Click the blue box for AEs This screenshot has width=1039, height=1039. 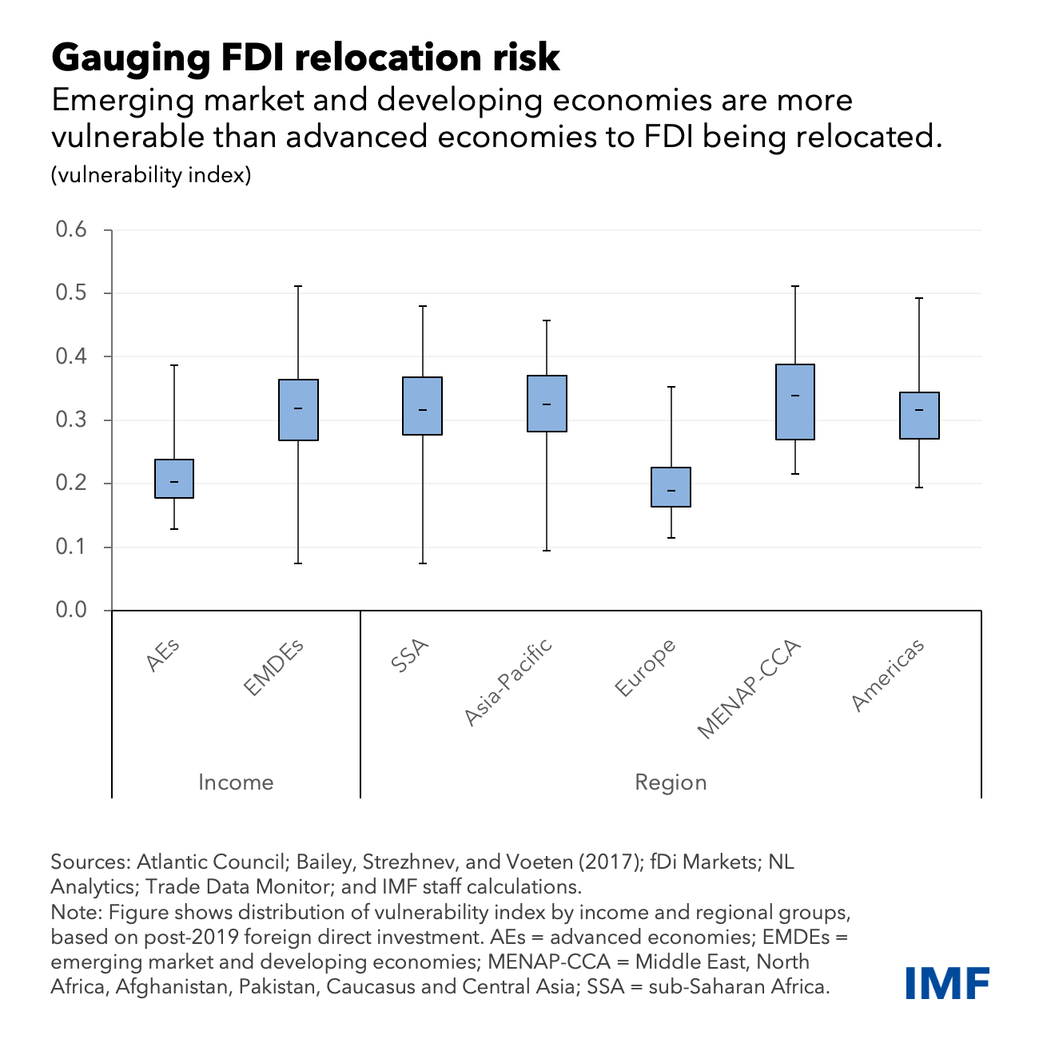[174, 479]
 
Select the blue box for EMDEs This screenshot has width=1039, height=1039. [298, 410]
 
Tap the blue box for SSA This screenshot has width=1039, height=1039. [423, 406]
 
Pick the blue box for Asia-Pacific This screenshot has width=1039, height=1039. [547, 404]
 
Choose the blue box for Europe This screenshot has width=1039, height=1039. [671, 488]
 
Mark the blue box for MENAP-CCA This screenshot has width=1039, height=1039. [795, 402]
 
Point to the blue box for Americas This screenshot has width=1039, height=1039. [919, 416]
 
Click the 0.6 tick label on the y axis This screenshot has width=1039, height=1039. [71, 230]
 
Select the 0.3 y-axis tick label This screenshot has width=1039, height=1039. [71, 420]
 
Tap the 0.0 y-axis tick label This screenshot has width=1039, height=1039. [71, 611]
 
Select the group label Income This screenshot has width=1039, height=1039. [236, 782]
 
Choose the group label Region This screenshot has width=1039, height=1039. [671, 782]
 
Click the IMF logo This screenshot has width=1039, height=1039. [948, 982]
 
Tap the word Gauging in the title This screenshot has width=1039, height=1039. [125, 58]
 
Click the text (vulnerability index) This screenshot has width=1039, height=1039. [151, 175]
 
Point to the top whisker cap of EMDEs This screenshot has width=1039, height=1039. [298, 286]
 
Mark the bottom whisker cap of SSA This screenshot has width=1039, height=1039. [423, 563]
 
